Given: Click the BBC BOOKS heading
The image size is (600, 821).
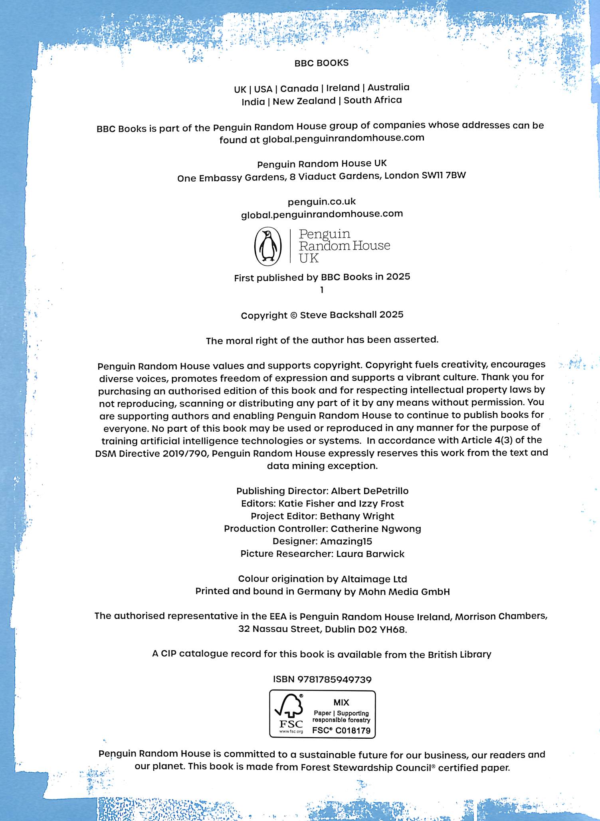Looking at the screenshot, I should tap(321, 63).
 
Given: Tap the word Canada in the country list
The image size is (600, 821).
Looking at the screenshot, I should tap(299, 88).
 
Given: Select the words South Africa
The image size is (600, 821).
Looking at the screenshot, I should tap(372, 100).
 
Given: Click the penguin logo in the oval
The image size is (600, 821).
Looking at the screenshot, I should tap(268, 246).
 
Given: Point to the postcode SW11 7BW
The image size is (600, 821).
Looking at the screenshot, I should tap(444, 175).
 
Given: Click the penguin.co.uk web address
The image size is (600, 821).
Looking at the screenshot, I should tap(321, 202).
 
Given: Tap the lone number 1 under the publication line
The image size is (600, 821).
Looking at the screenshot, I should tap(322, 290).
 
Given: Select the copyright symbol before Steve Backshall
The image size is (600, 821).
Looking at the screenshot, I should tap(293, 315).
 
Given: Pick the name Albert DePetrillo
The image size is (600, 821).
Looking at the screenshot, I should tap(370, 491).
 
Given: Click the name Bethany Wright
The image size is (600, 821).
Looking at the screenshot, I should tap(357, 516).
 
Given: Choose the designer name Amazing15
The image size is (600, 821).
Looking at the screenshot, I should tap(346, 541).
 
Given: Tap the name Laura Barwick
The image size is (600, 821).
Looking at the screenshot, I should tap(370, 554).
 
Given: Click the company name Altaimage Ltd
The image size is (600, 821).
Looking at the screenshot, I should tap(374, 579).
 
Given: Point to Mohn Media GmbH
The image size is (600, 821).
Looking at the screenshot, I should tap(404, 591).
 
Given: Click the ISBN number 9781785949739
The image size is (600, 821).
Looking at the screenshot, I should tap(335, 679).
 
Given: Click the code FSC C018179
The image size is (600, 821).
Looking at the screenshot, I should tap(341, 731).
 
